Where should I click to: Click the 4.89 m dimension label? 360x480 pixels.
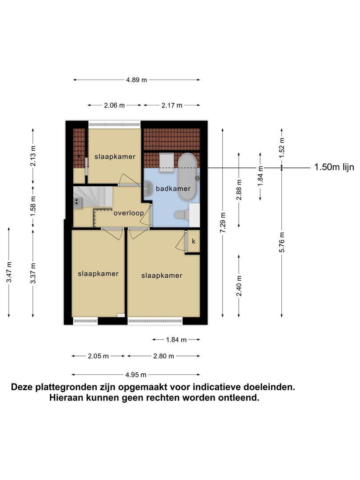(x=136, y=80)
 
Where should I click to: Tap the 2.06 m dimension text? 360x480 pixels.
(x=115, y=105)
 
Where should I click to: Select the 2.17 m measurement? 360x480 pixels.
(x=172, y=105)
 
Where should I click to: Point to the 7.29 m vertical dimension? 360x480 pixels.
(x=223, y=223)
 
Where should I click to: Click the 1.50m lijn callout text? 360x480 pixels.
(x=334, y=167)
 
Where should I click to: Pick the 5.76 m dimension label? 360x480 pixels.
(x=282, y=242)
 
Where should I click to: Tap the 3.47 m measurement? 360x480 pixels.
(x=9, y=272)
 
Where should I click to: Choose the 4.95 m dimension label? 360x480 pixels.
(x=136, y=375)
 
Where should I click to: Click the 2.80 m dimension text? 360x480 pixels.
(x=164, y=356)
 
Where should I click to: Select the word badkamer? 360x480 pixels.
(x=173, y=188)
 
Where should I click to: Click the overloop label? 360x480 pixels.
(x=129, y=213)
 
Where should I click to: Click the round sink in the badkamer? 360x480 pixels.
(x=148, y=188)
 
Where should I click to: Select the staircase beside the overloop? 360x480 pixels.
(x=93, y=197)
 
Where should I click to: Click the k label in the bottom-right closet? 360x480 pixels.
(x=193, y=241)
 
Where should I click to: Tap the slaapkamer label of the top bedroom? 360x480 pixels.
(x=115, y=157)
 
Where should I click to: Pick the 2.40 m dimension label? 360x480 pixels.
(x=240, y=286)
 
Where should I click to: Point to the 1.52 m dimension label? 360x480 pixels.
(x=282, y=148)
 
